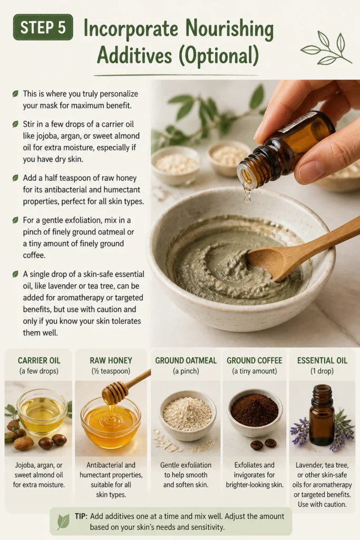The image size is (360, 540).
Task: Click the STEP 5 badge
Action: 43,27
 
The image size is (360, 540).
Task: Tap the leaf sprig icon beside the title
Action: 325,48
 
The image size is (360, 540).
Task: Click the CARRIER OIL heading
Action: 39,361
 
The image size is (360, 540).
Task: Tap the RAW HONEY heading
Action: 111,361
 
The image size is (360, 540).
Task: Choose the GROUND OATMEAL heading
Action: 186,361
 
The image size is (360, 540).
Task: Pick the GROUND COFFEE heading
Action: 255,361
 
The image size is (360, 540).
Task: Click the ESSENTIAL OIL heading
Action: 322,361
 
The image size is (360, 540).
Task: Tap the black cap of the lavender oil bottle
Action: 322,391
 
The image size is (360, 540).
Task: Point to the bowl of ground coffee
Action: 255,412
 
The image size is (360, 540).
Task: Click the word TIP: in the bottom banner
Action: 82,516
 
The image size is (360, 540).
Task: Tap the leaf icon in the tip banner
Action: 63,522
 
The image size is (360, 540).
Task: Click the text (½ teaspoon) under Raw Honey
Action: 111,371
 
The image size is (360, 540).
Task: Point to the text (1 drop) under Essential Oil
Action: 322,371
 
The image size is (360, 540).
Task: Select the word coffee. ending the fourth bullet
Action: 34,255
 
